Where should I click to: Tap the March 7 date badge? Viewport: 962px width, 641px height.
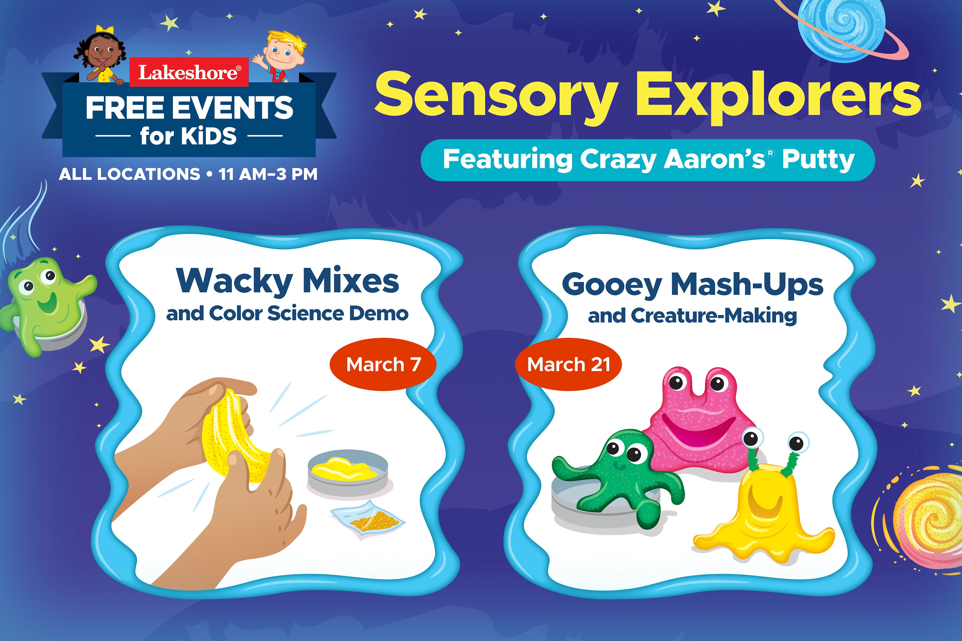(x=383, y=364)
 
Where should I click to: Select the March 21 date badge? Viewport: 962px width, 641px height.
(x=568, y=364)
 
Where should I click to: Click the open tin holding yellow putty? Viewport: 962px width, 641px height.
(x=347, y=474)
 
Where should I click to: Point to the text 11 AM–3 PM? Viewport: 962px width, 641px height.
(x=268, y=174)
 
